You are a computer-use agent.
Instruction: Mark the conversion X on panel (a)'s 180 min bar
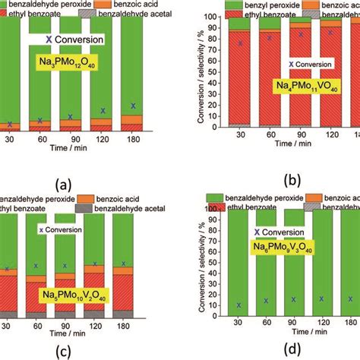click(x=112, y=106)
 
